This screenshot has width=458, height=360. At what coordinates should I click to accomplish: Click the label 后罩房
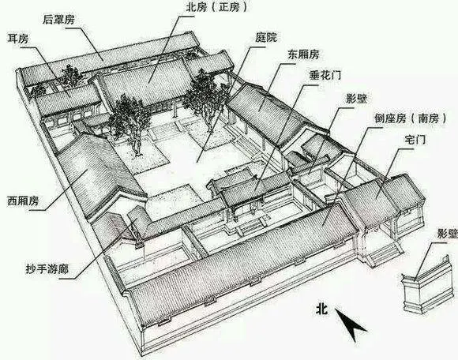tap(58, 20)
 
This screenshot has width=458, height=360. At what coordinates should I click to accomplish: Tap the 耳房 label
tap(18, 38)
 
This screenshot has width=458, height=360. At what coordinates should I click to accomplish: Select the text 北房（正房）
tap(216, 7)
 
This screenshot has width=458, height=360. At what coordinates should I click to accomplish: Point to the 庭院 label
tap(266, 37)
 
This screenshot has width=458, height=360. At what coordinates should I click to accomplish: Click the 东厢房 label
tap(303, 54)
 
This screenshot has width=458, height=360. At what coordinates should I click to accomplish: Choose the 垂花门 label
tap(325, 76)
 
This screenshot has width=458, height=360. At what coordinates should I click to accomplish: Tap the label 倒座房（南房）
tap(411, 118)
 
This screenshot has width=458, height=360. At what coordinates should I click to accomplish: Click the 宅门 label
tap(415, 140)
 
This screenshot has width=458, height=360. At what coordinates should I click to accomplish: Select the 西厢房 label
tap(23, 201)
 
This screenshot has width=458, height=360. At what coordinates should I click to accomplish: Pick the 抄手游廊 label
tap(47, 269)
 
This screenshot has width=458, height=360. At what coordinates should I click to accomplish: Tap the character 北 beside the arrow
tap(321, 309)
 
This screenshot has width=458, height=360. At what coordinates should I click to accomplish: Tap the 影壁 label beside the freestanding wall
tap(447, 234)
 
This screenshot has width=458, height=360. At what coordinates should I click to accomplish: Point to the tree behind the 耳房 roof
tap(69, 77)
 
